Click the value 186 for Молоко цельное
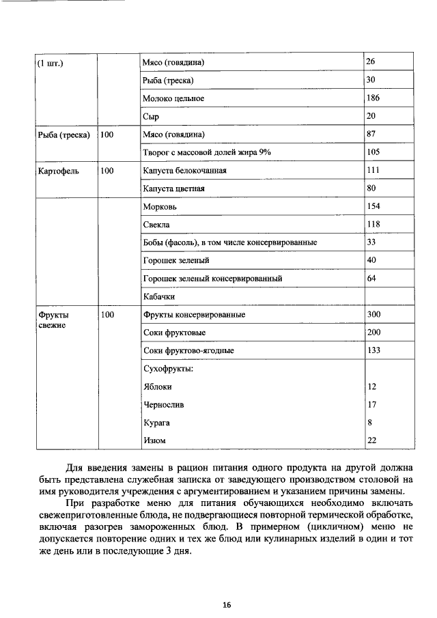pyautogui.click(x=373, y=98)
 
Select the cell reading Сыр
pyautogui.click(x=151, y=117)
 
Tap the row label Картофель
pyautogui.click(x=58, y=171)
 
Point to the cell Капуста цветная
pyautogui.click(x=174, y=188)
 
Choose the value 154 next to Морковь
pyautogui.click(x=373, y=206)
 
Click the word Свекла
pyautogui.click(x=156, y=224)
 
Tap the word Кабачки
pyautogui.click(x=160, y=297)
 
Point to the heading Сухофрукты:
pyautogui.click(x=167, y=369)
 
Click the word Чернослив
pyautogui.click(x=163, y=404)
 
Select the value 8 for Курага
pyautogui.click(x=369, y=422)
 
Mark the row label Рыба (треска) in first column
pyautogui.click(x=64, y=135)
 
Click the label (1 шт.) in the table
pyautogui.click(x=51, y=63)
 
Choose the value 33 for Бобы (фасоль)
pyautogui.click(x=371, y=242)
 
